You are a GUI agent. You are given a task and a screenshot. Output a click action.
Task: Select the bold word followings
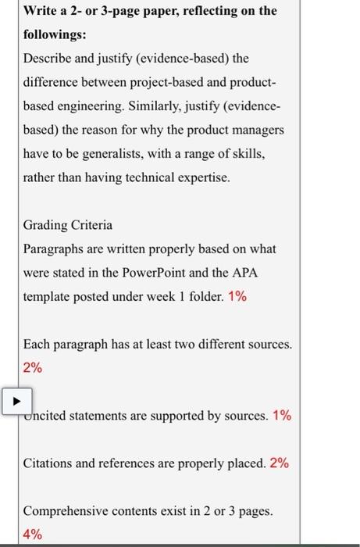(57, 36)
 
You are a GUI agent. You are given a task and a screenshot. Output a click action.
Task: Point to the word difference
(53, 82)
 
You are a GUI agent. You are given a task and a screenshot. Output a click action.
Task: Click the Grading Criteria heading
(68, 225)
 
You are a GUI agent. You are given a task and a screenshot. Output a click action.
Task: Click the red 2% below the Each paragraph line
(34, 368)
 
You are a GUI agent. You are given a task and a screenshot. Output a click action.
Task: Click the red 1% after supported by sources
(282, 416)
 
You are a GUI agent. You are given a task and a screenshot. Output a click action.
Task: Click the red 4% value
(34, 534)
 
